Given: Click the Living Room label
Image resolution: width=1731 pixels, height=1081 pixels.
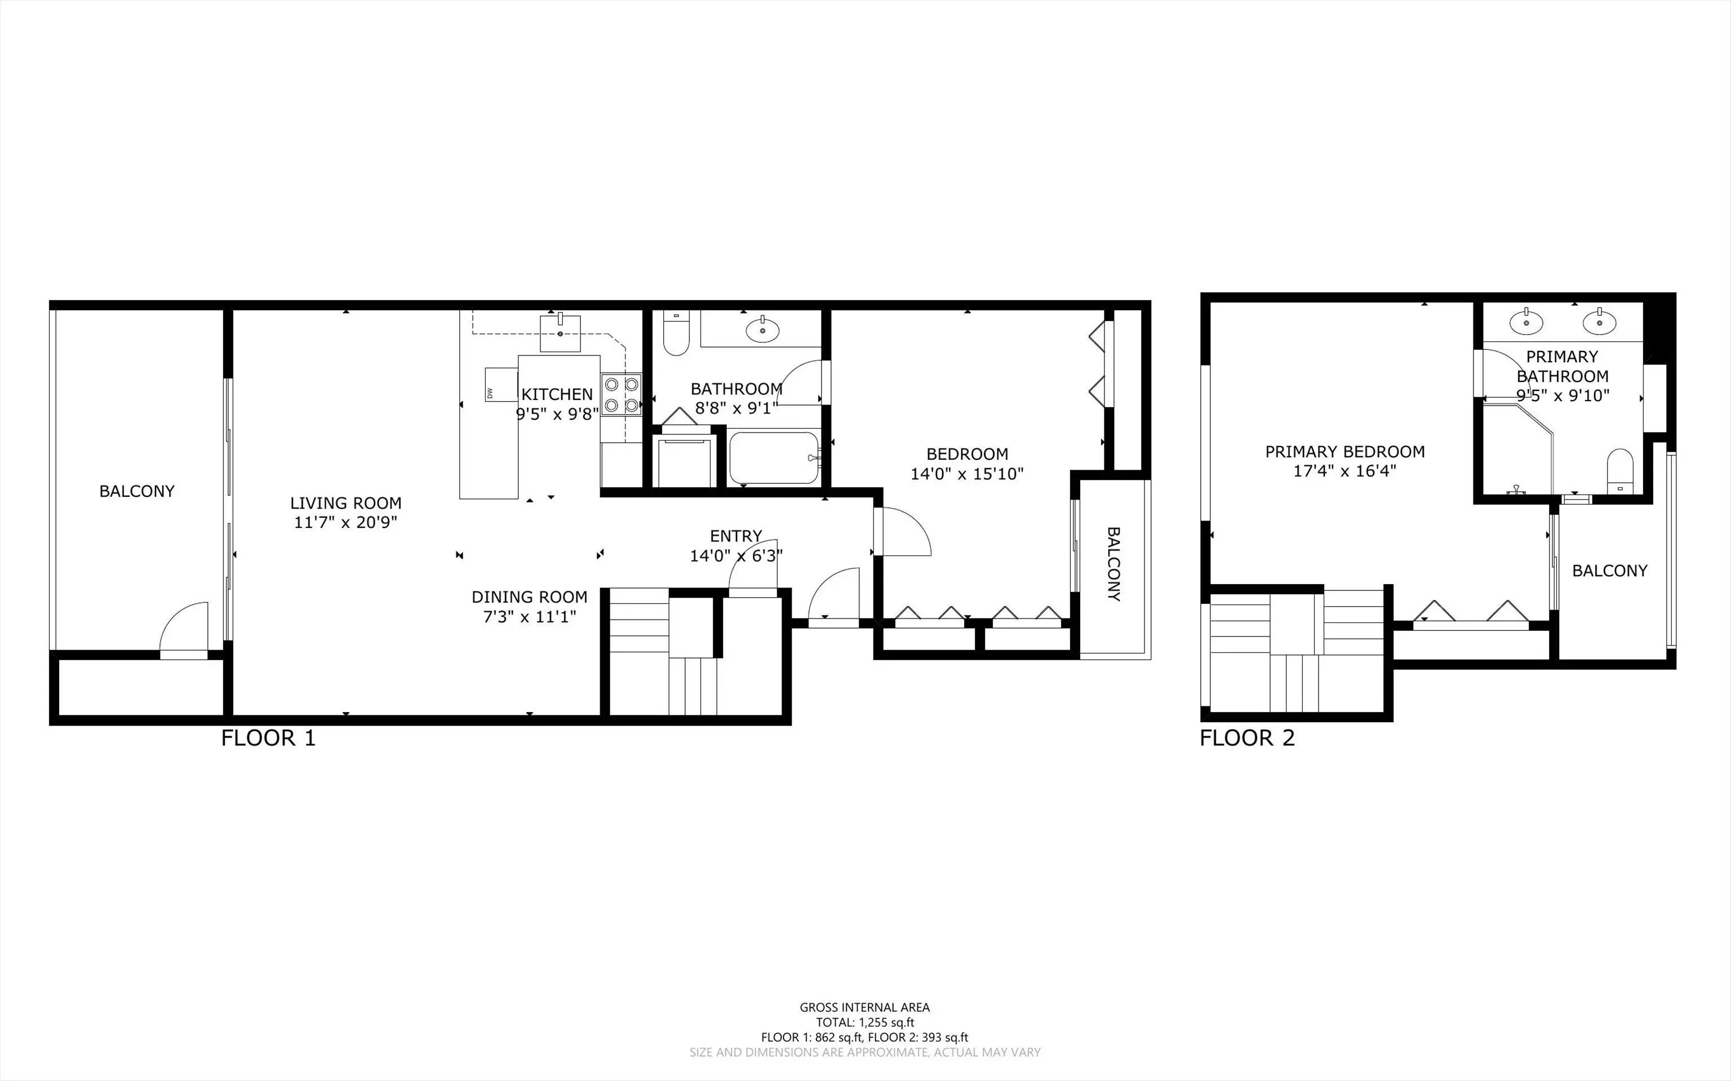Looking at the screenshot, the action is [345, 502].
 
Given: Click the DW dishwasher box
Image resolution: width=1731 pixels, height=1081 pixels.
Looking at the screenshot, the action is [500, 385].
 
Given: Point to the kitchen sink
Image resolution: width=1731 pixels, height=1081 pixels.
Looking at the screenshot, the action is [560, 333].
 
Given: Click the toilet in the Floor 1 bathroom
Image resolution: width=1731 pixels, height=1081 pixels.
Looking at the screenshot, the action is [676, 332].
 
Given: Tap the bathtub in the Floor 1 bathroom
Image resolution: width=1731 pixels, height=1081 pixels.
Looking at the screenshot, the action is [774, 457].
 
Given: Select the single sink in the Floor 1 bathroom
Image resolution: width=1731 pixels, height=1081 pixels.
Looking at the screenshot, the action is [763, 330].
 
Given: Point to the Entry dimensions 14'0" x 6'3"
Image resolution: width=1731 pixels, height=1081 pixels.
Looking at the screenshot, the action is [736, 555].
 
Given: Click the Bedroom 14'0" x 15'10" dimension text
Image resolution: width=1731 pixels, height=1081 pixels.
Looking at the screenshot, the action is [967, 473].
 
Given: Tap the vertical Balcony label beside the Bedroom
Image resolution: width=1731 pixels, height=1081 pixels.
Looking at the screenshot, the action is [1113, 564].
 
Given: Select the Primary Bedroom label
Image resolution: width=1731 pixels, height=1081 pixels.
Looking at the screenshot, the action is [1345, 451].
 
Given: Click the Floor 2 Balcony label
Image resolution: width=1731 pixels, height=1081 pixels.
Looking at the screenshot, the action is [1609, 571].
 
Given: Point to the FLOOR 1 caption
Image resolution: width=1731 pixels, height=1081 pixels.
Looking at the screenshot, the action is [268, 738].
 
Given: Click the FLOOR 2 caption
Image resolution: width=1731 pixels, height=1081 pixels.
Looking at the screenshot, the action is [1247, 738].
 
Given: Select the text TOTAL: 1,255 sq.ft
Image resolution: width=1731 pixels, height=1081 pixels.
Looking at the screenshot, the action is [865, 1022].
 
